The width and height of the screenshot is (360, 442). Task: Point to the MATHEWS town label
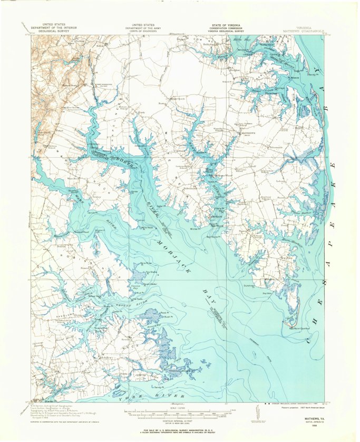pyautogui.click(x=248, y=133)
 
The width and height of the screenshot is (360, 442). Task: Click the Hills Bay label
pyautogui.click(x=241, y=40)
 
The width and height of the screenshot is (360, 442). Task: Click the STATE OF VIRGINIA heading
pyautogui.click(x=226, y=25)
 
